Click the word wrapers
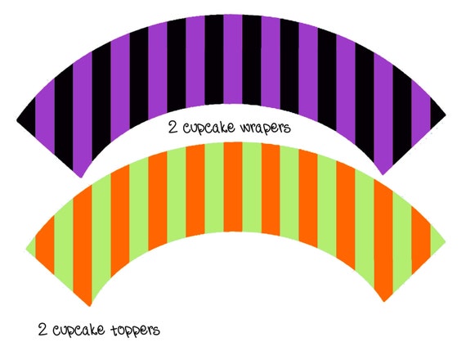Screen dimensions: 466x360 pos(265,128)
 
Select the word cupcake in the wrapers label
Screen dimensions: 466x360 pos(208,128)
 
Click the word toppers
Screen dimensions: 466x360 pos(135,331)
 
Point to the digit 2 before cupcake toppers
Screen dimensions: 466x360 pos(43,330)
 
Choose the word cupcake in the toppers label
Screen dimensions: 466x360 pos(78,331)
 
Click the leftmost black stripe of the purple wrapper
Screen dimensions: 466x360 pos(27,116)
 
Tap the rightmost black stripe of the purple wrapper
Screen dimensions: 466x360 pos(437,113)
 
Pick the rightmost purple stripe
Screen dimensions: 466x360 pos(421,110)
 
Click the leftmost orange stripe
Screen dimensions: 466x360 pos(45,244)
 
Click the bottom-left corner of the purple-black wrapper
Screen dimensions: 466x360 pos(81,178)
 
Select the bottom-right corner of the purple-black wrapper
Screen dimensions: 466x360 pos(383,175)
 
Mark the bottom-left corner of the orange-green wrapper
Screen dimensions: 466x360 pos(90,306)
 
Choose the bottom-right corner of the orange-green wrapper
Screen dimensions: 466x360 pos(384,302)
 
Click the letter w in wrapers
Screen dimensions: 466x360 pos(245,128)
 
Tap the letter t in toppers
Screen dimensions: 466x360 pos(115,330)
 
